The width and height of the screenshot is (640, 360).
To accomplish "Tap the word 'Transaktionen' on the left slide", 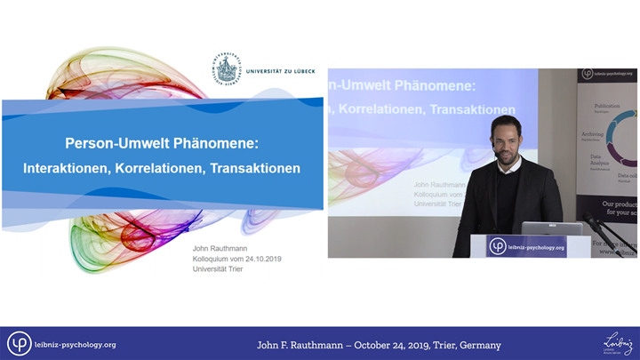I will pyautogui.click(x=255, y=167).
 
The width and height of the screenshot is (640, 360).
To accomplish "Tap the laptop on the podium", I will pyautogui.click(x=540, y=228).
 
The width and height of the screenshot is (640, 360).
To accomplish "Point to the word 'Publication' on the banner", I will pyautogui.click(x=608, y=106).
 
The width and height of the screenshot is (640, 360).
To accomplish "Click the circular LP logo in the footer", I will pyautogui.click(x=20, y=344).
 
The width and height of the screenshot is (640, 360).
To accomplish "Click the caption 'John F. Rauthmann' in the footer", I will pyautogui.click(x=305, y=345).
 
